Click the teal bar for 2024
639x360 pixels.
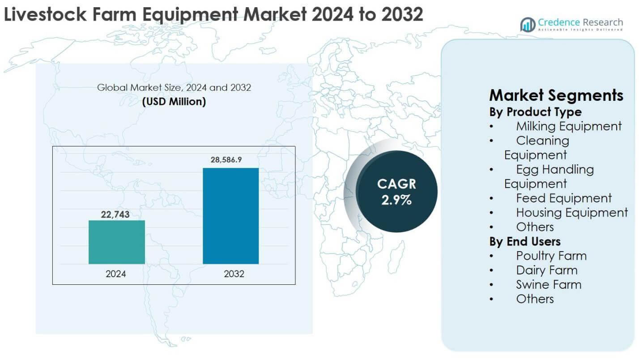116,242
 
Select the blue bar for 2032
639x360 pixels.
230,216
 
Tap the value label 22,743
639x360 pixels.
115,214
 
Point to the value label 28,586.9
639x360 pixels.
230,160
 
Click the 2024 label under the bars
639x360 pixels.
115,274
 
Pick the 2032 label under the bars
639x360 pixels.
234,274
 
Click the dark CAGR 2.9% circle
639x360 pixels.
396,191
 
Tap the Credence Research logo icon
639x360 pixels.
528,24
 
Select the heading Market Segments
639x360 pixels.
556,95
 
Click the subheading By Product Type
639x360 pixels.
535,111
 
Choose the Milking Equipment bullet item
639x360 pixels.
568,126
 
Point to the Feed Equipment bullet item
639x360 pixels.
563,198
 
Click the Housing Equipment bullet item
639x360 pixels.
571,212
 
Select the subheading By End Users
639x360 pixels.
524,241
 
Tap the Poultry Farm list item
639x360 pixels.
551,256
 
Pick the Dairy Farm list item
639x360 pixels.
546,270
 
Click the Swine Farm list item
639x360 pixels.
549,284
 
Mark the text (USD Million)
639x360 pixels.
174,102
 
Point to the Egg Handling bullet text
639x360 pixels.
554,169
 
